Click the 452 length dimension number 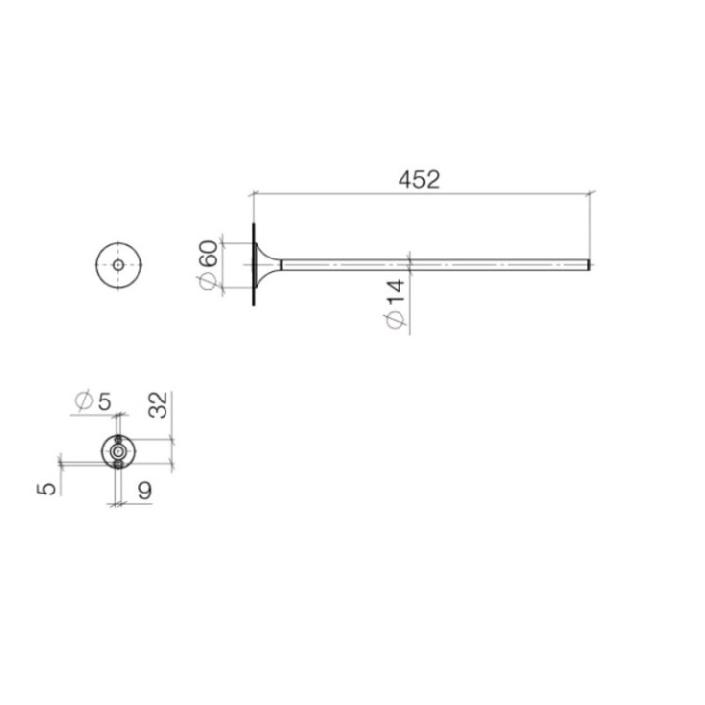click(420, 180)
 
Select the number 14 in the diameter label click(396, 294)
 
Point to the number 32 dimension click(159, 404)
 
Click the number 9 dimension click(144, 491)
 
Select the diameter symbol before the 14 click(396, 319)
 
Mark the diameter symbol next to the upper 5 click(84, 400)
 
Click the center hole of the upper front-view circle click(118, 264)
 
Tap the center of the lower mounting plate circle click(118, 451)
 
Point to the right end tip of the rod click(588, 264)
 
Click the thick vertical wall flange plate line click(252, 264)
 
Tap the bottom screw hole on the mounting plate click(118, 465)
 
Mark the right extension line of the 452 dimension click(590, 225)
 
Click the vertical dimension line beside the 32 click(172, 431)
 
